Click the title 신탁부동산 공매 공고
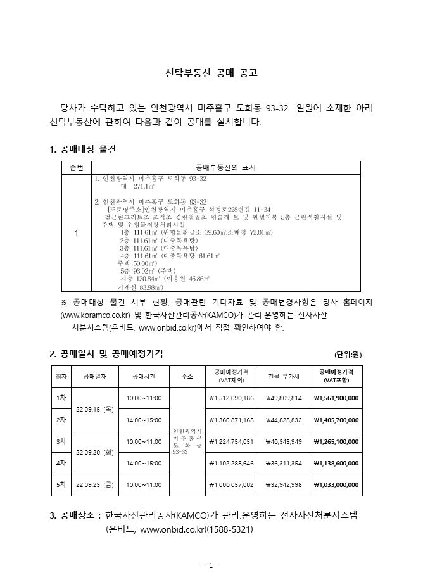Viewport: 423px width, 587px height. (211, 73)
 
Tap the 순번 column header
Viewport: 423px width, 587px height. (76, 167)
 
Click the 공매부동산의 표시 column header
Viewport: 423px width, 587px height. (226, 167)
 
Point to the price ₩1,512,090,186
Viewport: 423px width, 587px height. (230, 398)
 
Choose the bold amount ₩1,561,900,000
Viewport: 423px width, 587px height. (336, 398)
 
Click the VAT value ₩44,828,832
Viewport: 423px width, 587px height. (284, 420)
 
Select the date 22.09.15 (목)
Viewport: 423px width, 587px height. (95, 409)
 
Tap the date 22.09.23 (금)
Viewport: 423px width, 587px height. (95, 484)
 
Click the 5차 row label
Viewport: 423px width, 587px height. (61, 484)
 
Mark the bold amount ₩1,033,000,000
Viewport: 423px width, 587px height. (336, 484)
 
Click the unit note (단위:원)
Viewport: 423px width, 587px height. (348, 354)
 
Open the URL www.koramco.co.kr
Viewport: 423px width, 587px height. (95, 315)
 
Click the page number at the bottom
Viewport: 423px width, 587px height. (211, 565)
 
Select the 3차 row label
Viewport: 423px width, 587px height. (61, 441)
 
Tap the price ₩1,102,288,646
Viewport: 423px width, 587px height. (230, 463)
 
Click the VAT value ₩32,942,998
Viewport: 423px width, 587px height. (284, 484)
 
